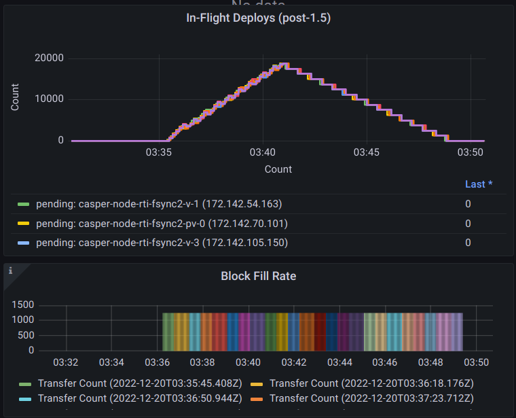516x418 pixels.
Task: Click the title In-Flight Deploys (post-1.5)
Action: point(258,18)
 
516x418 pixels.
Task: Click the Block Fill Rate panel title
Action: point(258,276)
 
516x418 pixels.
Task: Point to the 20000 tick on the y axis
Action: point(49,58)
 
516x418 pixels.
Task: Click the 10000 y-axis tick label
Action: point(49,99)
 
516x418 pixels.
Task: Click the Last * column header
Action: point(478,184)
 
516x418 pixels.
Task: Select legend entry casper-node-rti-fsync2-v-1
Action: point(158,204)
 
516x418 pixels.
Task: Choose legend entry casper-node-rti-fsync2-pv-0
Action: point(162,224)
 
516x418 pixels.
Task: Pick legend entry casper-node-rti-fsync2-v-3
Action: point(162,243)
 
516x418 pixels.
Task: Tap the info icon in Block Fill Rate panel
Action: point(11,271)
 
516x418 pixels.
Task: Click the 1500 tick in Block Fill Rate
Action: point(23,304)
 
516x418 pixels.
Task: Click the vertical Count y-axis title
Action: point(15,97)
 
